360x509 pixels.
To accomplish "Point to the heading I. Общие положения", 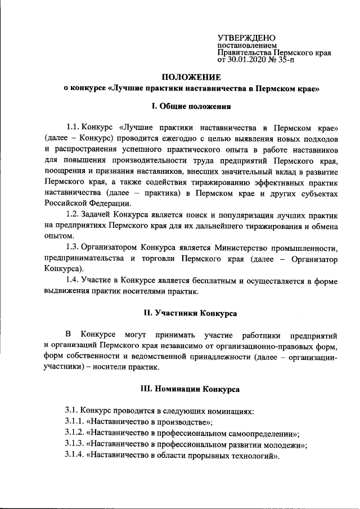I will tap(191, 105).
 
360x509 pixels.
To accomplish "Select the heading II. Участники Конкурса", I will tap(191, 312).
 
